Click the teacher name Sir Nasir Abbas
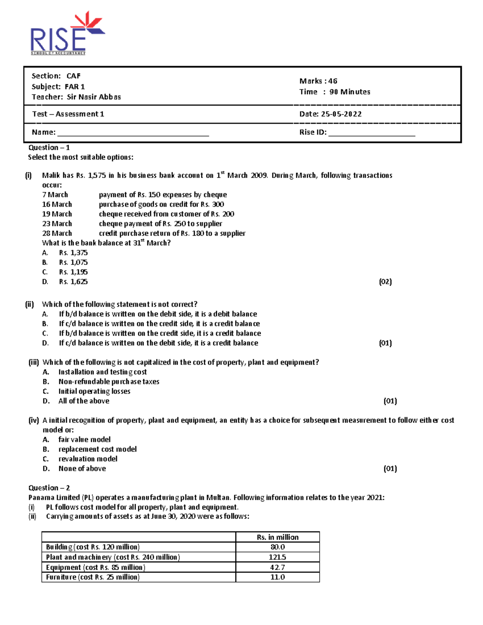pyautogui.click(x=93, y=97)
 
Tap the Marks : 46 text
pyautogui.click(x=318, y=81)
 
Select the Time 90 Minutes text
pyautogui.click(x=334, y=92)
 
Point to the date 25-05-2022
pyautogui.click(x=341, y=114)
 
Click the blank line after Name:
pyautogui.click(x=133, y=133)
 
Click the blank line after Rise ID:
pyautogui.click(x=372, y=133)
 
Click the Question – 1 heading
pyautogui.click(x=49, y=148)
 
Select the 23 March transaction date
pyautogui.click(x=57, y=224)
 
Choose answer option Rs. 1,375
pyautogui.click(x=73, y=253)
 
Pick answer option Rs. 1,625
pyautogui.click(x=73, y=282)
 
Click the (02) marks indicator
pyautogui.click(x=385, y=282)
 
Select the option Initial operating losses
pyautogui.click(x=94, y=391)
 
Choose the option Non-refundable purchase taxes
pyautogui.click(x=109, y=382)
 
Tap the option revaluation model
pyautogui.click(x=88, y=459)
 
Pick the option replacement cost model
pyautogui.click(x=97, y=449)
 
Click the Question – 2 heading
pyautogui.click(x=49, y=488)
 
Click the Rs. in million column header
pyautogui.click(x=277, y=537)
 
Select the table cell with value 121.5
pyautogui.click(x=277, y=557)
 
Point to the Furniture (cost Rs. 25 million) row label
pyautogui.click(x=93, y=577)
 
